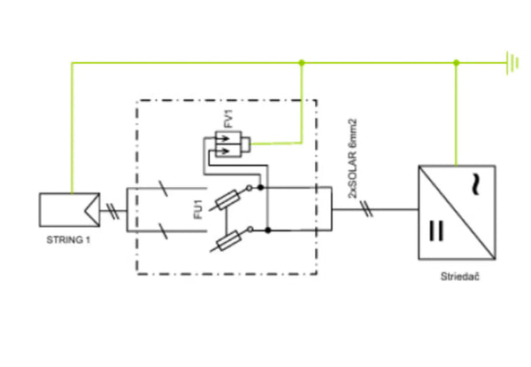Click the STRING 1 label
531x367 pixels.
(69, 240)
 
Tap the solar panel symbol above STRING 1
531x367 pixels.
(68, 210)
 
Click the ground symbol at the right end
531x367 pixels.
(511, 63)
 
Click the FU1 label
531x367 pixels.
(197, 211)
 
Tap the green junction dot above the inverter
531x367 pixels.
(456, 63)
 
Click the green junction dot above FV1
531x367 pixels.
(303, 63)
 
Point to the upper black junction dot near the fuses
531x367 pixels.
(266, 189)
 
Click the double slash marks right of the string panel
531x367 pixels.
(113, 210)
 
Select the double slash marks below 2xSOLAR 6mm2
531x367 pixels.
(365, 210)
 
